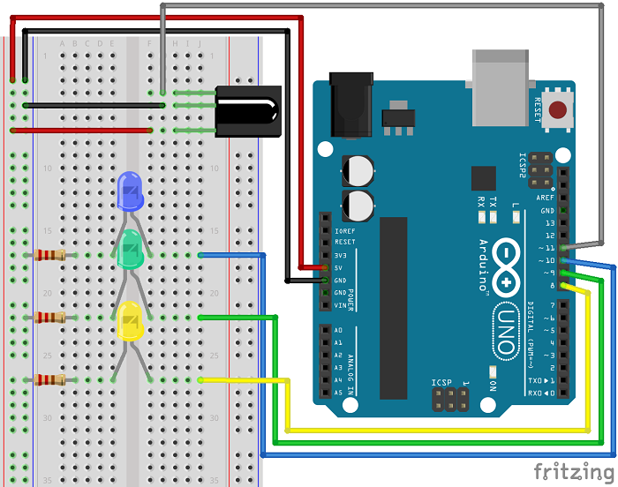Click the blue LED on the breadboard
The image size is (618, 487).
click(x=130, y=191)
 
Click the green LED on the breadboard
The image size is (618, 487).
click(x=130, y=249)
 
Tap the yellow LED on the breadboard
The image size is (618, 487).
click(x=130, y=321)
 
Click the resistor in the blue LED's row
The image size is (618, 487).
click(x=49, y=256)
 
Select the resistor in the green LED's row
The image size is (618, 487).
click(x=49, y=318)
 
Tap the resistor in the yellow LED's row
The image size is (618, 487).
click(x=49, y=380)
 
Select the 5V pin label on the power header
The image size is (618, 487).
click(x=339, y=267)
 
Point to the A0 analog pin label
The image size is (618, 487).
click(x=338, y=330)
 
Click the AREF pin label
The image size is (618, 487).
click(x=546, y=198)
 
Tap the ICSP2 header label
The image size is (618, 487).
click(x=523, y=165)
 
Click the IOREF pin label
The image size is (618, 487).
click(x=345, y=230)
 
